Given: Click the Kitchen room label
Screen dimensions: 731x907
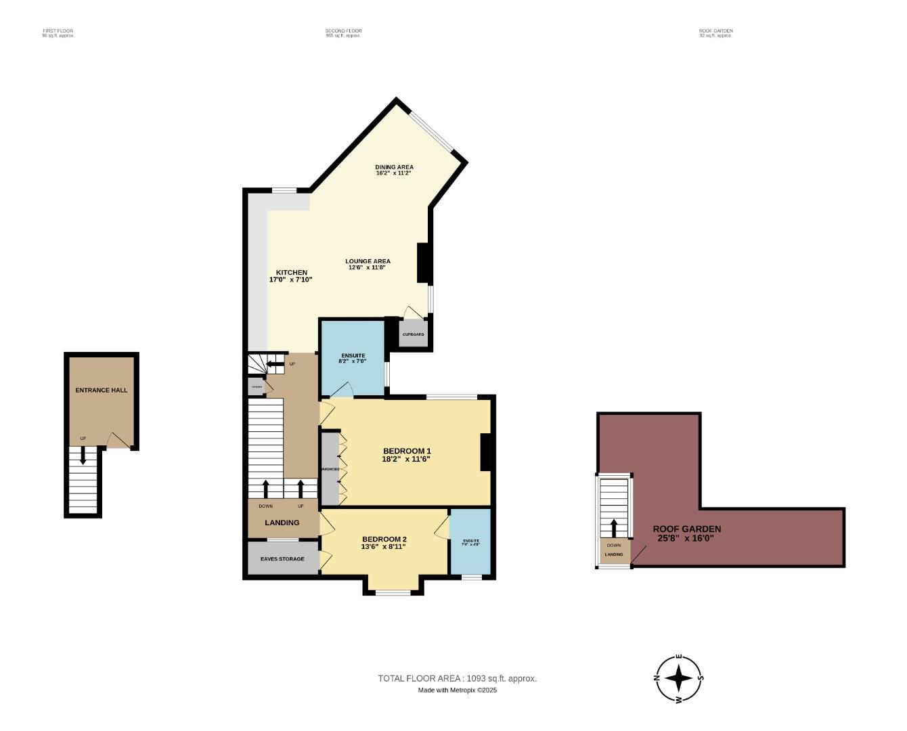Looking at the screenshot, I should [x=291, y=272].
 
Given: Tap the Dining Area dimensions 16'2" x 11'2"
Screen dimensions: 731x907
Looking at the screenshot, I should [x=394, y=173].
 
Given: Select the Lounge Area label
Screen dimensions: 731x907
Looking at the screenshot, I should [x=368, y=261].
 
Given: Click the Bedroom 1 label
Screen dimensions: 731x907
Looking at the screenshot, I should [x=407, y=451].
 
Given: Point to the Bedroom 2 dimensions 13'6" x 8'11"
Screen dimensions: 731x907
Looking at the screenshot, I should [x=384, y=547].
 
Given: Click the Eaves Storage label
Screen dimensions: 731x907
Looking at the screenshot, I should [x=282, y=559].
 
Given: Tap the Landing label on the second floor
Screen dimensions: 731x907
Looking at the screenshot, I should [x=282, y=523].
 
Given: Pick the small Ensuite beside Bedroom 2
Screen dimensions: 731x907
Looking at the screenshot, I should [x=470, y=541].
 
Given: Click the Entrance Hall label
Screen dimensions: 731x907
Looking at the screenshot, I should [x=101, y=390].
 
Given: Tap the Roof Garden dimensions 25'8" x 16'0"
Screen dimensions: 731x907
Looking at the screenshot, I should [x=686, y=539].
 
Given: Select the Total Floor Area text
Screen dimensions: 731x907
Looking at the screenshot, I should [x=457, y=678].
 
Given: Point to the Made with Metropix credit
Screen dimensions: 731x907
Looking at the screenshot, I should [x=457, y=690].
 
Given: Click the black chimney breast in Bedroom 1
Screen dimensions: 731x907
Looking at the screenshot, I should [x=485, y=452].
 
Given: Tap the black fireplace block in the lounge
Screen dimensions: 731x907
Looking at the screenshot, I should [x=424, y=263].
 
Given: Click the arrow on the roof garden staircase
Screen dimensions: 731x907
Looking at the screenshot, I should [x=614, y=527].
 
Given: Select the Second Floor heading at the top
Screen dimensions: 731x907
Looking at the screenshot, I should [x=343, y=31].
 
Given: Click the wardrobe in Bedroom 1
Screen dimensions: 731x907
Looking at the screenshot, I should [x=330, y=469].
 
